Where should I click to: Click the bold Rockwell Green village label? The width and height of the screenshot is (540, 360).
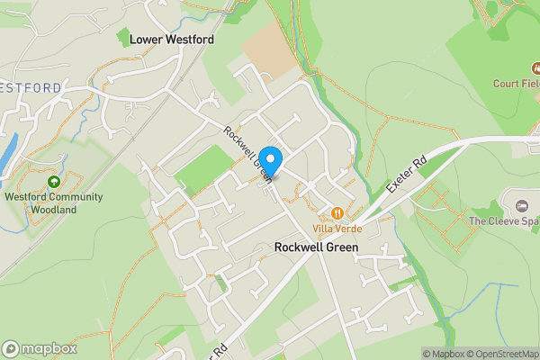point(317,247)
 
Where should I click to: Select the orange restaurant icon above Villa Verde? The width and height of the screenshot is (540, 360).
point(337,213)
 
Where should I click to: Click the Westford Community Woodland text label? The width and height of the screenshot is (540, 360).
point(54,203)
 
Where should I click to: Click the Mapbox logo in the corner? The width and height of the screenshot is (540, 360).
point(40,348)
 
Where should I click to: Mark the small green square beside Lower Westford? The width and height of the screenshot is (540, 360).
point(122,37)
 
